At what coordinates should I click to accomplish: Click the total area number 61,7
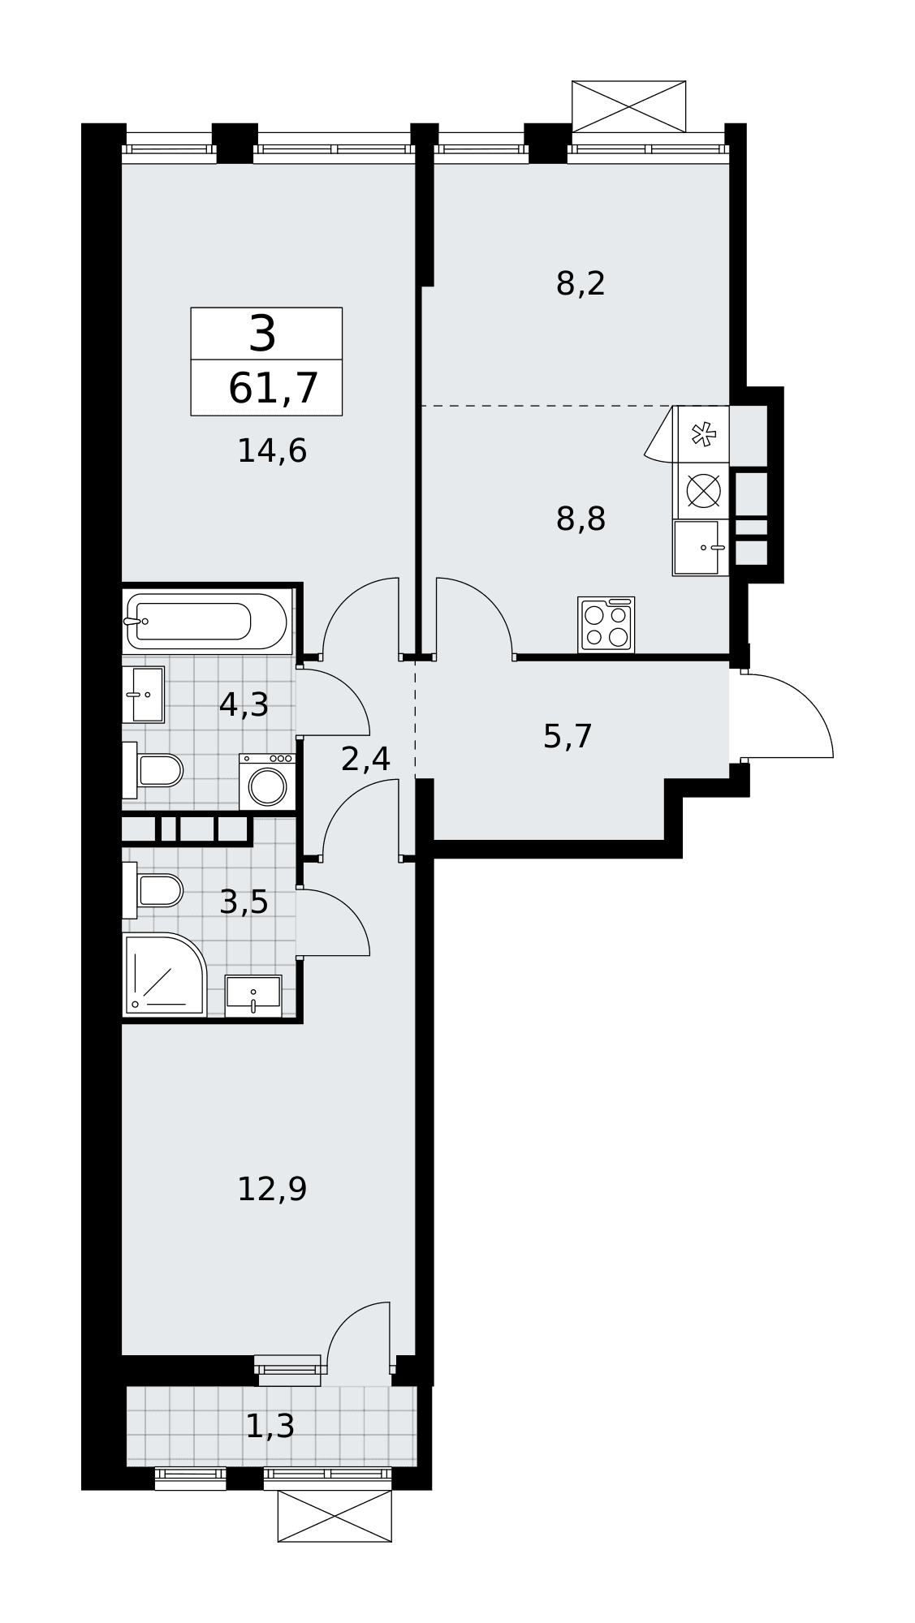273,388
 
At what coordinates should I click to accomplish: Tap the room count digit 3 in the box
262,334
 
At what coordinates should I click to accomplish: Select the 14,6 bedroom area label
272,451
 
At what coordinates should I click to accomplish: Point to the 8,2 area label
581,284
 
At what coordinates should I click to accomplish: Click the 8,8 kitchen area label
581,519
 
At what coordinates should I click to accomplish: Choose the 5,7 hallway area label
568,737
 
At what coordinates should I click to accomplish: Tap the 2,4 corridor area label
365,760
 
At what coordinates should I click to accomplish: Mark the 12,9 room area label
272,1190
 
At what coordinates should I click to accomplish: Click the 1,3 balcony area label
270,1426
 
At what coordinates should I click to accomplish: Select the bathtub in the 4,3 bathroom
207,621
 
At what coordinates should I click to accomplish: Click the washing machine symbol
267,781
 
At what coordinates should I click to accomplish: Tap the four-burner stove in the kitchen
606,625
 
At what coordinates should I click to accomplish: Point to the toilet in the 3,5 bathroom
153,890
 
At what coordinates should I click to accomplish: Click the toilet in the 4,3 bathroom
153,769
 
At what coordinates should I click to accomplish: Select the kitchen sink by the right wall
700,548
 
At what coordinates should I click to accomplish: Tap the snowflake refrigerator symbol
703,434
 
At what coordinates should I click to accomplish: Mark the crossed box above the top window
628,106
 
